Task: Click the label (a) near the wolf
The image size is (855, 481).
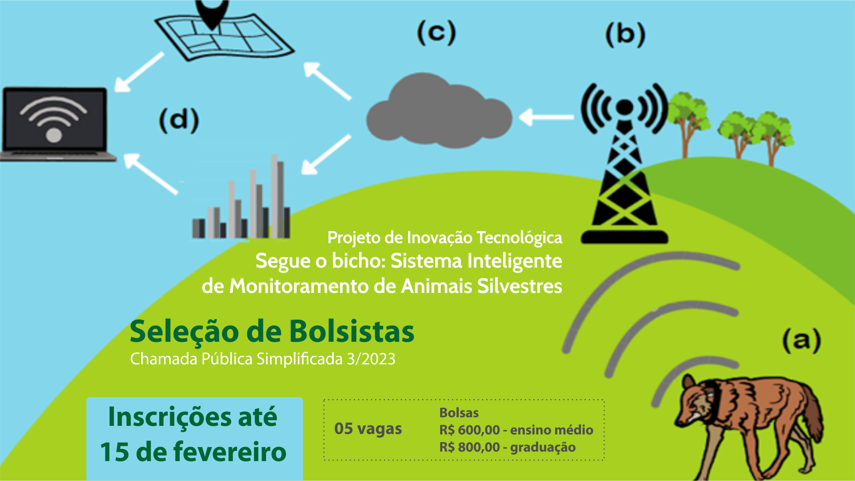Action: [801, 341]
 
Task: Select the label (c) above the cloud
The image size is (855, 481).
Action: [436, 33]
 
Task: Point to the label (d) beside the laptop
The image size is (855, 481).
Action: [179, 120]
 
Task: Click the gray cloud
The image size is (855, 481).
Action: [438, 113]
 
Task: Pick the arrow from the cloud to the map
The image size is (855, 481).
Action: [327, 80]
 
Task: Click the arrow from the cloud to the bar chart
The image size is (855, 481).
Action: [326, 154]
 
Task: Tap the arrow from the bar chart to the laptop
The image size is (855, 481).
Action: [150, 174]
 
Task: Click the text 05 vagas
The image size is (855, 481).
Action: [368, 429]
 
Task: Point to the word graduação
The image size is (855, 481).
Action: [543, 448]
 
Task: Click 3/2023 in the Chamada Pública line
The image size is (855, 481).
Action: [371, 359]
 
